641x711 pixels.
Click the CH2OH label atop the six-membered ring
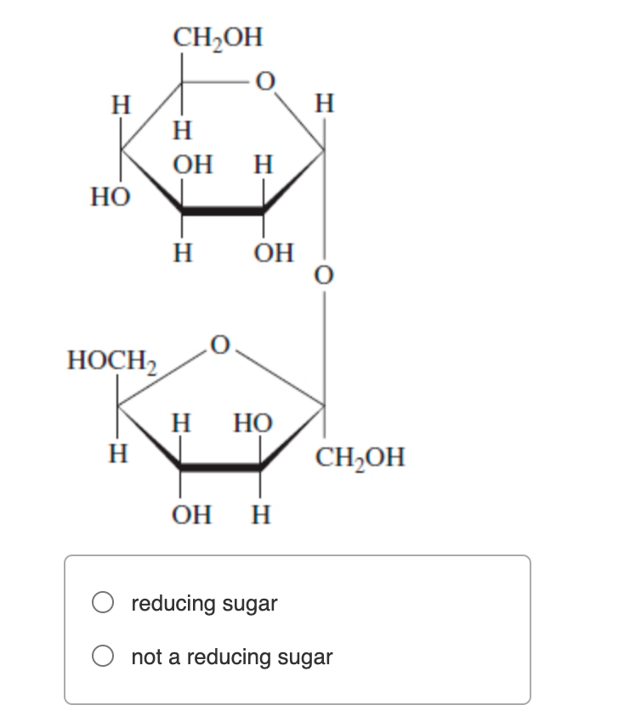pos(218,37)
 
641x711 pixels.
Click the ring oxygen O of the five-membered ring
pos(219,344)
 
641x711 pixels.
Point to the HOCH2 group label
pos(112,361)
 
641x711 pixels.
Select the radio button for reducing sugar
pos(104,603)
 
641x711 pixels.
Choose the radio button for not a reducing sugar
pos(104,657)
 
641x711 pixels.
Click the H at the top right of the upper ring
pos(324,105)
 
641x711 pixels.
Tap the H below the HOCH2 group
pos(119,452)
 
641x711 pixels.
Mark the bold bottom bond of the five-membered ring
pos(220,467)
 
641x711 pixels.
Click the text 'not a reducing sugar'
pos(232,657)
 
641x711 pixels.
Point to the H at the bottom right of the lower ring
pos(261,515)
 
